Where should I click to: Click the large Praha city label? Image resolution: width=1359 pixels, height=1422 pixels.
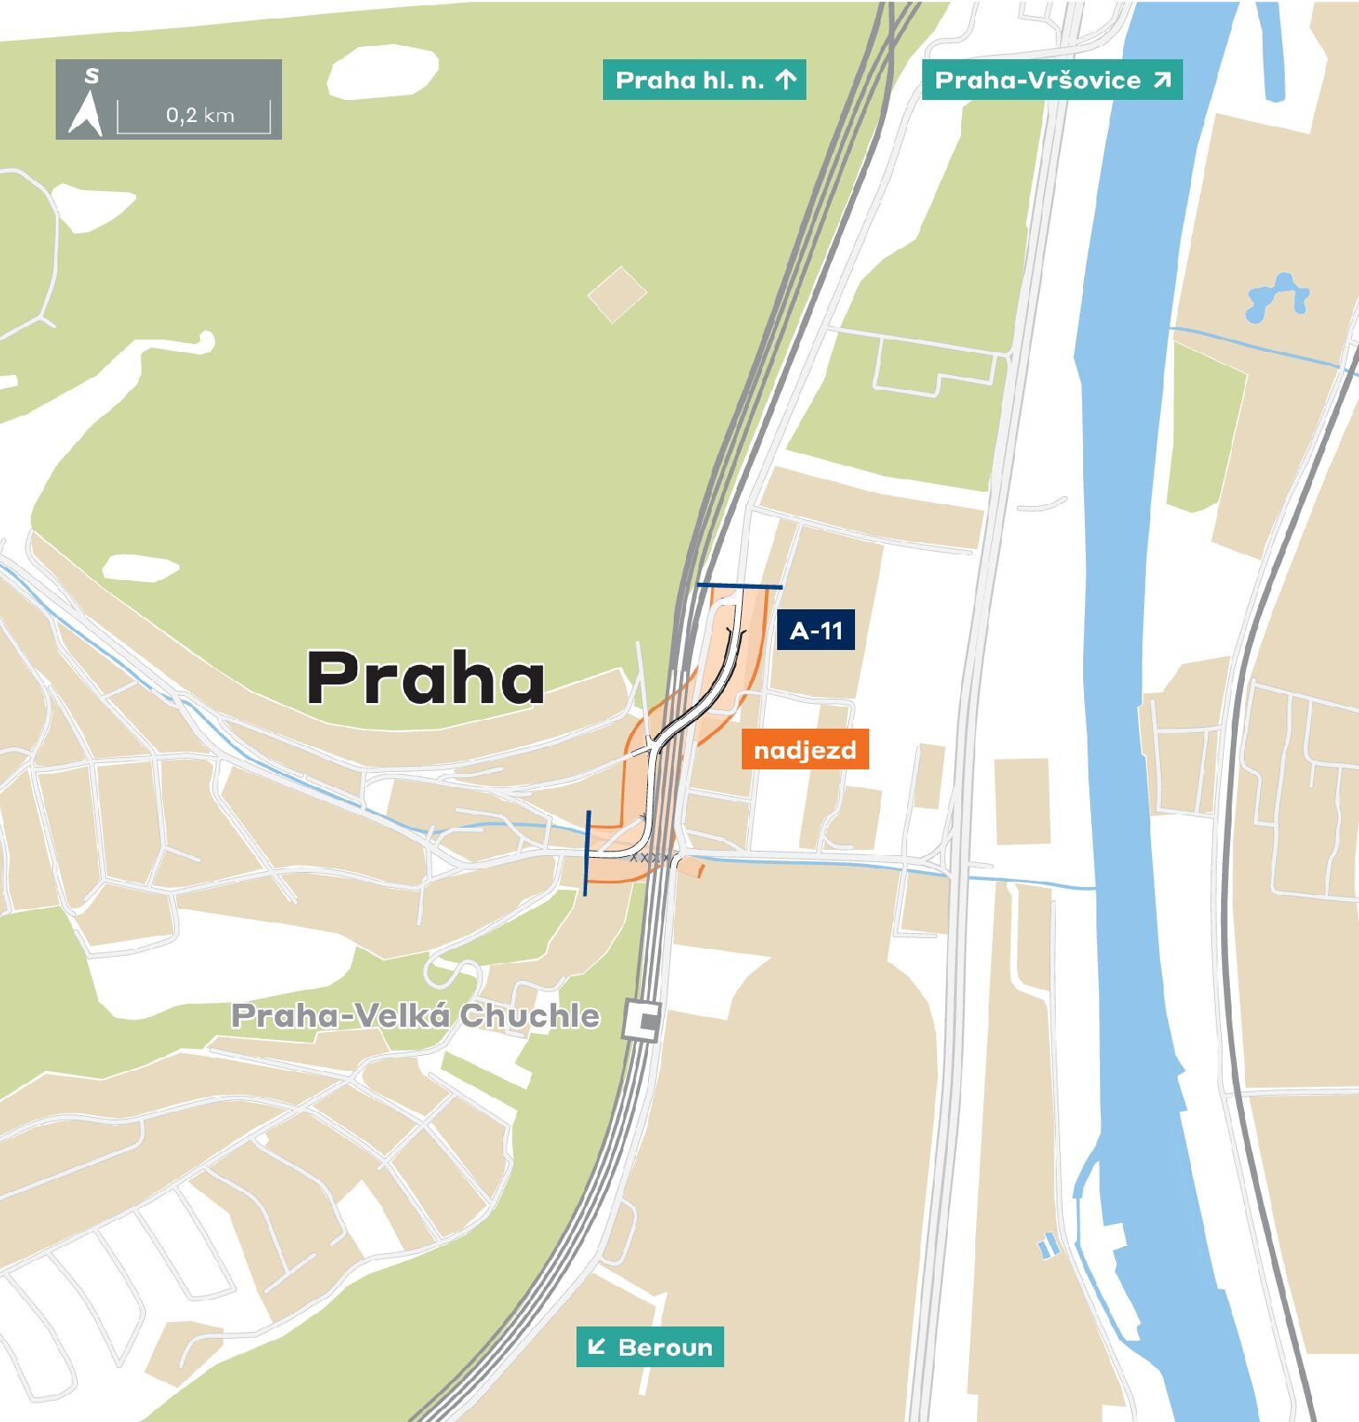tap(425, 678)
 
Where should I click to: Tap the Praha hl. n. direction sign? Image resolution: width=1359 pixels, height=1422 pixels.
tap(704, 80)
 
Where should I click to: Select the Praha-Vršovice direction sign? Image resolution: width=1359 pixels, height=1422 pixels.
tap(1051, 80)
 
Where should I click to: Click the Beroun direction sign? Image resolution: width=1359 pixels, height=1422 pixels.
tap(650, 1347)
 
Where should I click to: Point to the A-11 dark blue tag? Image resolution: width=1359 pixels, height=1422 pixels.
tap(815, 631)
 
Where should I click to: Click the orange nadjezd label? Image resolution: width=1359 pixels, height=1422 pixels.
tap(805, 750)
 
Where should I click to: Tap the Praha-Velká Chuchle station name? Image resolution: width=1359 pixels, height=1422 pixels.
tap(416, 1015)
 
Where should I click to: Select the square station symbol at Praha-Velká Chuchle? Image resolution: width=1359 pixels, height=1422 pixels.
tap(642, 1021)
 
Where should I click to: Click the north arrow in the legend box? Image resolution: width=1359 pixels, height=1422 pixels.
tap(86, 115)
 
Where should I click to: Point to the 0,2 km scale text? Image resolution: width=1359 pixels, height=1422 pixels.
tap(200, 115)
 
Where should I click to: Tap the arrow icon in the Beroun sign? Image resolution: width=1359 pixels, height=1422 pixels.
tap(597, 1347)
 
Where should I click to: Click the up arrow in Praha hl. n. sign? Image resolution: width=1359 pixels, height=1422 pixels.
tap(786, 80)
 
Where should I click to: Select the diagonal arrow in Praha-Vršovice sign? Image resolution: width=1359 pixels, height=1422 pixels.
tap(1162, 80)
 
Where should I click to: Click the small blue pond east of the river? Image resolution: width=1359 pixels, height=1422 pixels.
tap(1276, 298)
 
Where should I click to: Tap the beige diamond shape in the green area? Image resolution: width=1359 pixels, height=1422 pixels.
tap(617, 294)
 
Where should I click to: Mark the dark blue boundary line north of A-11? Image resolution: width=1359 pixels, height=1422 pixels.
tap(739, 585)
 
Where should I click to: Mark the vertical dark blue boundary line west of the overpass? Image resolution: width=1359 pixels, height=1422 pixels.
tap(587, 852)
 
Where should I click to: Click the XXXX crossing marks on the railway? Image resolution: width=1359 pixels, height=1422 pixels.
tap(652, 858)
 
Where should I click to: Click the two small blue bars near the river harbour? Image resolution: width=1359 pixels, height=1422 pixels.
tap(1048, 1246)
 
